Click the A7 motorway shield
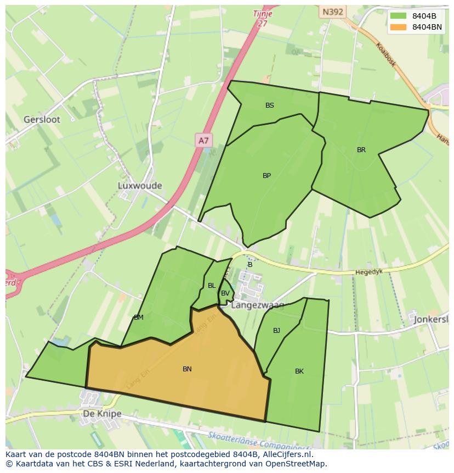pyautogui.click(x=203, y=141)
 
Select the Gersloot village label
pyautogui.click(x=42, y=119)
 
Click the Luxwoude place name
pyautogui.click(x=140, y=186)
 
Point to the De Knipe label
pyautogui.click(x=102, y=414)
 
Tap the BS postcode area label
pyautogui.click(x=270, y=105)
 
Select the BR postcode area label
pyautogui.click(x=361, y=150)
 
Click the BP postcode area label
pyautogui.click(x=266, y=176)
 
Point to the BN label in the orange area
pyautogui.click(x=187, y=369)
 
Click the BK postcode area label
pyautogui.click(x=299, y=371)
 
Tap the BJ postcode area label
pyautogui.click(x=276, y=331)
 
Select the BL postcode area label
pyautogui.click(x=212, y=286)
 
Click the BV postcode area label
pyautogui.click(x=225, y=293)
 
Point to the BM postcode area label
pyautogui.click(x=139, y=318)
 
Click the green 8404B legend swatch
pyautogui.click(x=399, y=16)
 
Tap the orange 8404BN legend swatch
pyautogui.click(x=399, y=27)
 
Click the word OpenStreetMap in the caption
pyautogui.click(x=294, y=464)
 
